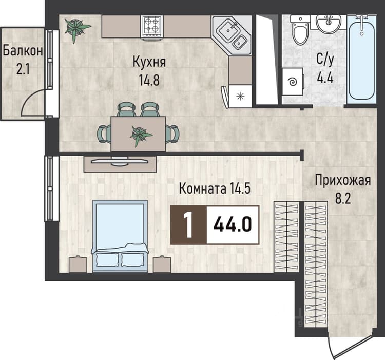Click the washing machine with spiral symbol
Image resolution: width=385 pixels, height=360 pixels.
point(293,82)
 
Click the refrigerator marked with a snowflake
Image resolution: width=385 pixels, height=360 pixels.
point(240,96)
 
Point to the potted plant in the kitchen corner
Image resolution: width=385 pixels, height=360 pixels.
point(76,28)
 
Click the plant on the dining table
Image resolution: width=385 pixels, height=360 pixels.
point(140,135)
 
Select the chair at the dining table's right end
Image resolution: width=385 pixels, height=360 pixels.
point(172,134)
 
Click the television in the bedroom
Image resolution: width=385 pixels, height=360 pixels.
point(120,161)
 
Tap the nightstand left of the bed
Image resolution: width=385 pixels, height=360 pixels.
point(78,264)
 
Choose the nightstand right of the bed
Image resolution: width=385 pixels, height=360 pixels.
point(162,264)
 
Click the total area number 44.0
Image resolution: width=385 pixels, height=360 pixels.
point(233,225)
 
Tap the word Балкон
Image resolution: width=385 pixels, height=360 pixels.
point(23,51)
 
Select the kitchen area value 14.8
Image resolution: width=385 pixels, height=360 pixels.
point(149,80)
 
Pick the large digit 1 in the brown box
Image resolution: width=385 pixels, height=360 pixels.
point(188,225)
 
